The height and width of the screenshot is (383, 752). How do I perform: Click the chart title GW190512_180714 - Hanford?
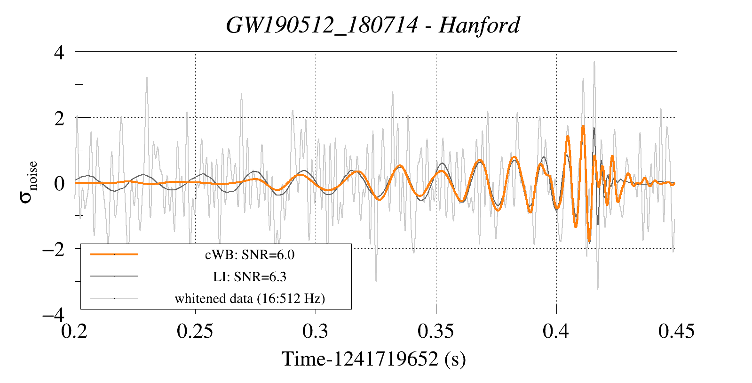click(x=372, y=25)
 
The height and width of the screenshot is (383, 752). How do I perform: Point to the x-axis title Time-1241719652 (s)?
click(x=373, y=359)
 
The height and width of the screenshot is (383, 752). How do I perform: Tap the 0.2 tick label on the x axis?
click(x=75, y=331)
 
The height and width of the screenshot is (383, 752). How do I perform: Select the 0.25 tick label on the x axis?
click(x=195, y=331)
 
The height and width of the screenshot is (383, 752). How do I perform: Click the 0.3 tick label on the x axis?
click(x=315, y=331)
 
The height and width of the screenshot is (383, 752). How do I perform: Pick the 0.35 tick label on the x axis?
click(x=435, y=331)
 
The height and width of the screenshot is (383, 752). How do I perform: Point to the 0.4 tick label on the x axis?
click(x=556, y=331)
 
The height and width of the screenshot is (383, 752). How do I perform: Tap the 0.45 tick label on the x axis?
click(x=676, y=331)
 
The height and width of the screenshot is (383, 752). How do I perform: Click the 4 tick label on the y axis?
click(x=59, y=52)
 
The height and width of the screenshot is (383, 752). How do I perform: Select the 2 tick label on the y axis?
click(x=59, y=118)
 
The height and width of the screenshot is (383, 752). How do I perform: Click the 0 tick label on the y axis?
click(x=59, y=183)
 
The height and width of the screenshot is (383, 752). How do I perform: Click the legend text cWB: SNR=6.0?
click(x=250, y=255)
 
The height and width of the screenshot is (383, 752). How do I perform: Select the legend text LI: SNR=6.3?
click(x=250, y=277)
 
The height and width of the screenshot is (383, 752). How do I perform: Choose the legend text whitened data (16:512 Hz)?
click(x=250, y=298)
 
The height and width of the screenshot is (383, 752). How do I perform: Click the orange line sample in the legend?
click(x=114, y=254)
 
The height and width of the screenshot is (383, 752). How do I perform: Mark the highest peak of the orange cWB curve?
click(x=583, y=126)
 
